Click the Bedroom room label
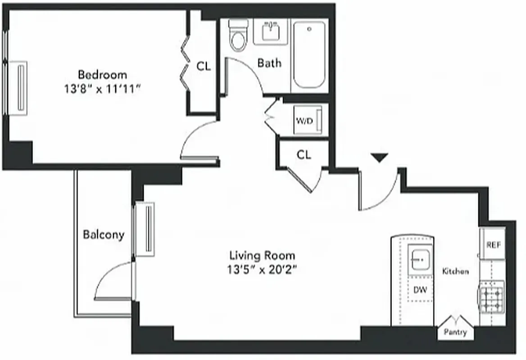point(103,74)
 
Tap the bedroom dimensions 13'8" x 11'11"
point(103,89)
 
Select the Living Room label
point(263,256)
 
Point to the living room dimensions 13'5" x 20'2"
point(263,270)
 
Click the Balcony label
point(104,234)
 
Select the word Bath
point(269,63)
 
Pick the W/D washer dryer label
point(304,121)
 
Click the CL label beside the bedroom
point(204,66)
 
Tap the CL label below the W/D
point(304,155)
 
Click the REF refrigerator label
point(494,245)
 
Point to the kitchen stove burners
point(492,297)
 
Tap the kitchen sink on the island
point(420,259)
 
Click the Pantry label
point(455,333)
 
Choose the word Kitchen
point(455,271)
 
